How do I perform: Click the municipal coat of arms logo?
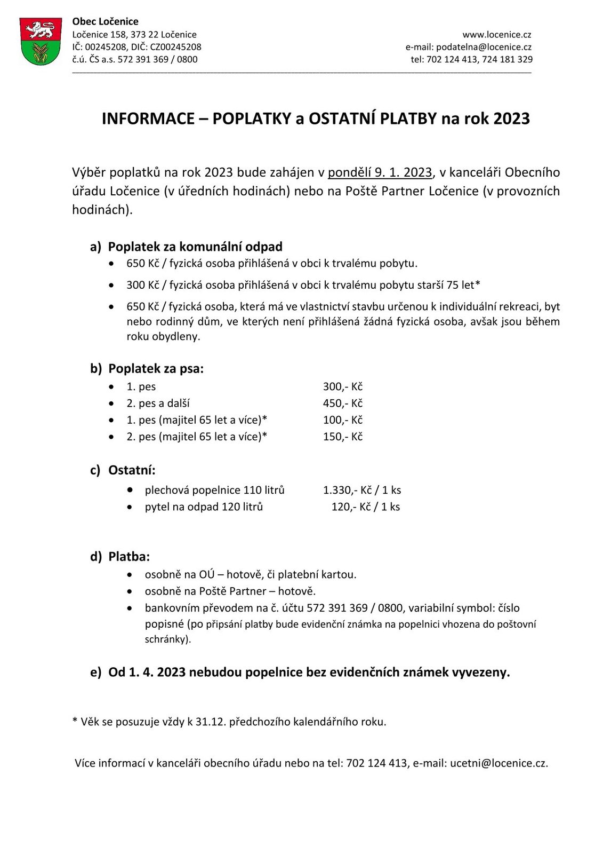40,42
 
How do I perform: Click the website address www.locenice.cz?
496,35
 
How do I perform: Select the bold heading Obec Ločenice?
105,21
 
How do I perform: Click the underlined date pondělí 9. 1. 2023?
380,172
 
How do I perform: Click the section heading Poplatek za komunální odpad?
195,247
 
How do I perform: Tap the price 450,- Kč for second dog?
342,404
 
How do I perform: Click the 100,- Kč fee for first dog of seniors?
342,420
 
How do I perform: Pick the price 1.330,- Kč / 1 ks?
361,490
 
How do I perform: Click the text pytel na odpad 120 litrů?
204,507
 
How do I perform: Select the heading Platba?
129,557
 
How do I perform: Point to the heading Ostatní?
132,470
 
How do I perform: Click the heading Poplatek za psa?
156,369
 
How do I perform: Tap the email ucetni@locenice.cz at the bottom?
498,763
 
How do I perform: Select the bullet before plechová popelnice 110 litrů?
130,489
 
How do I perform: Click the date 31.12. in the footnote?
211,722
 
